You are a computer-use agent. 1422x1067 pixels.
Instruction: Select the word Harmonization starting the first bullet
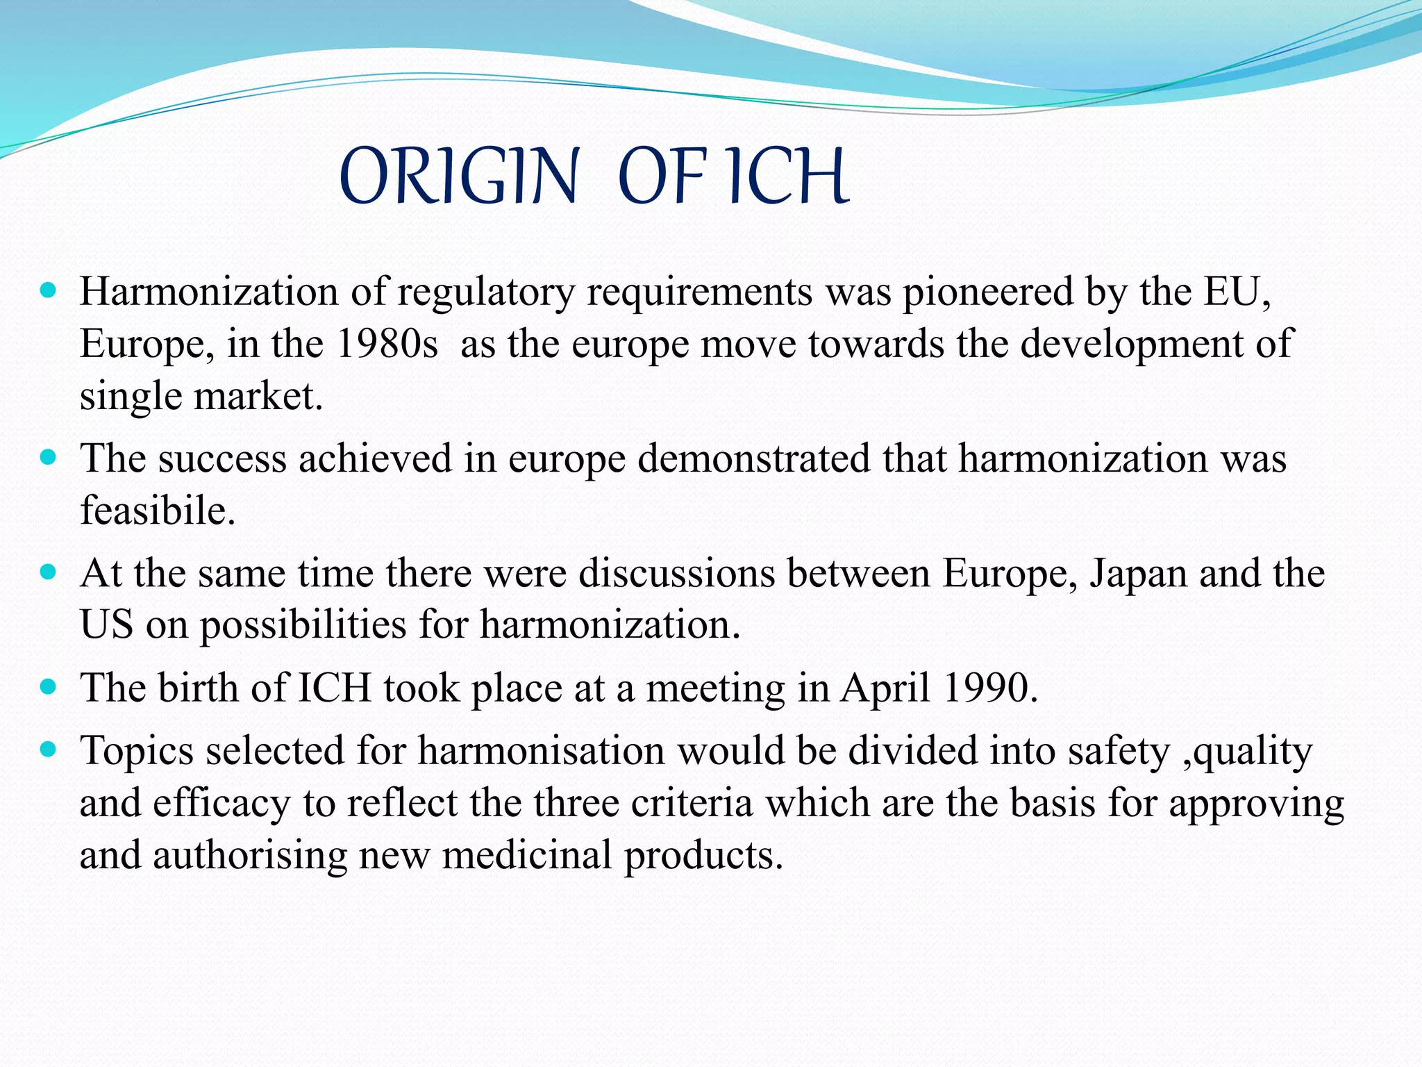point(208,292)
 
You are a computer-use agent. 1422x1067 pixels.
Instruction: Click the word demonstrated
point(753,459)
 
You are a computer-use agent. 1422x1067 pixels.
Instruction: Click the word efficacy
point(221,804)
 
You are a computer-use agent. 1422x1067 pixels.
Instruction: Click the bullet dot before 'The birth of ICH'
point(48,688)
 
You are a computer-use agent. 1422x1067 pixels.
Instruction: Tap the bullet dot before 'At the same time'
point(48,573)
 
